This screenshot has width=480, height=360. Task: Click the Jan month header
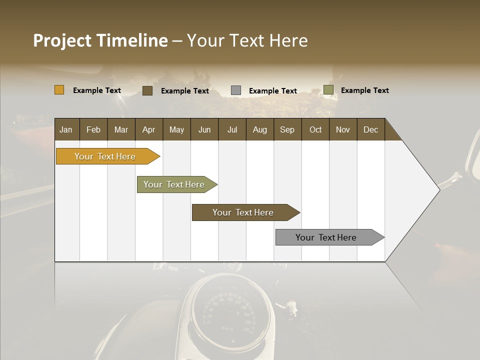66,129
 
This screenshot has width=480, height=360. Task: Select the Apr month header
148,129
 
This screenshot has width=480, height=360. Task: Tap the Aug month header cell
259,129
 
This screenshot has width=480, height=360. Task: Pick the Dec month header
370,129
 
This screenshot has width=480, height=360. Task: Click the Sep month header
287,129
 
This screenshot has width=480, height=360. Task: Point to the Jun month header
204,129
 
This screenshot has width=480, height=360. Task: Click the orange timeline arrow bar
105,156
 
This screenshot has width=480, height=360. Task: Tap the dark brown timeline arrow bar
243,212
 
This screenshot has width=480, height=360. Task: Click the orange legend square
59,90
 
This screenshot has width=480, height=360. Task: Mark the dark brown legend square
147,90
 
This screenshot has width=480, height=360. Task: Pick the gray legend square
235,90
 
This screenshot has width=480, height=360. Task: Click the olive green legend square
328,90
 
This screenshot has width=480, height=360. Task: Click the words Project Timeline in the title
100,40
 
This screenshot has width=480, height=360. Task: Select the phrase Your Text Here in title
247,40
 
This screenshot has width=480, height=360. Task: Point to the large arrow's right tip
438,189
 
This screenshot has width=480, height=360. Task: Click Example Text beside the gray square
272,91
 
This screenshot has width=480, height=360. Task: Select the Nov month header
342,129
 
